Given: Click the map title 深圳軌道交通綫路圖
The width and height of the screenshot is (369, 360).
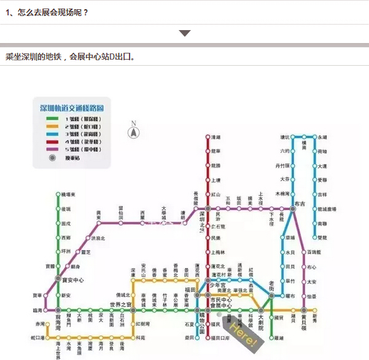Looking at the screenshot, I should pos(72,108).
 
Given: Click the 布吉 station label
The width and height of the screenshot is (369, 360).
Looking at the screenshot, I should pos(300,203).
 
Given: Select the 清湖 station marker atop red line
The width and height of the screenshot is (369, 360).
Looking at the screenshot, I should pos(208,137).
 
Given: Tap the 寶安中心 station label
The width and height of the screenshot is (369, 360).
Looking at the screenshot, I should pos(73,280).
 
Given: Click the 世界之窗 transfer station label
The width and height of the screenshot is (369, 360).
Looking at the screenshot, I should pos(121,305).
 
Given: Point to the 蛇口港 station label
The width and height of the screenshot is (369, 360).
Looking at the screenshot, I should pos(38,338).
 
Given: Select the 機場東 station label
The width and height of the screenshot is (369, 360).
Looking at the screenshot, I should pos(68,194).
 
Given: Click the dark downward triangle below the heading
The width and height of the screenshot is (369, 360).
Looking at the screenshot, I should pos(185,33).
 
